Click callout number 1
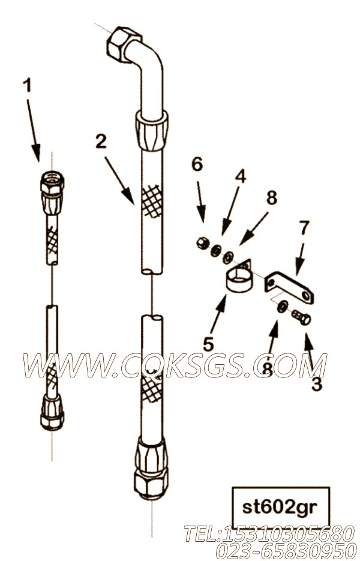pyautogui.click(x=27, y=86)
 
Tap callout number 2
pyautogui.click(x=101, y=142)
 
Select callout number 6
pyautogui.click(x=197, y=164)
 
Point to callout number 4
pyautogui.click(x=241, y=176)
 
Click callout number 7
pyautogui.click(x=303, y=228)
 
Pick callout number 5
pyautogui.click(x=208, y=344)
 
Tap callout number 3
pyautogui.click(x=316, y=384)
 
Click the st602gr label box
pyautogui.click(x=281, y=508)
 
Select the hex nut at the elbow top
pyautogui.click(x=122, y=43)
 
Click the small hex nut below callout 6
pyautogui.click(x=202, y=243)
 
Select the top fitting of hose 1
pyautogui.click(x=52, y=193)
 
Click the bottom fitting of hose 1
pyautogui.click(x=52, y=412)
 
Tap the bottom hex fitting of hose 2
pyautogui.click(x=151, y=469)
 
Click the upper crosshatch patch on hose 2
pyautogui.click(x=152, y=202)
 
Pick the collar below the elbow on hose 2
pyautogui.click(x=152, y=130)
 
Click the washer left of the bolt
pyautogui.click(x=283, y=306)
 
